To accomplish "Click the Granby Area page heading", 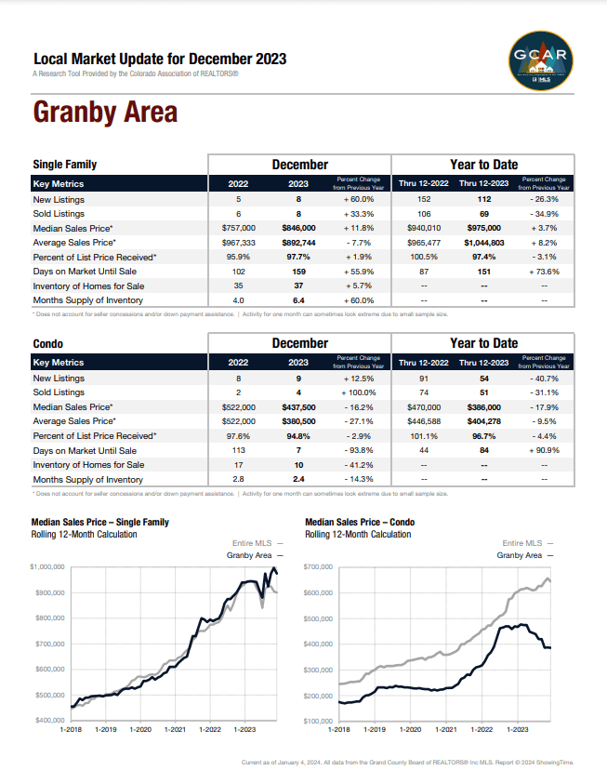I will pos(105,113).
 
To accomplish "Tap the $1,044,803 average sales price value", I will pos(484,242).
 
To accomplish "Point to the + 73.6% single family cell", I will pos(544,271).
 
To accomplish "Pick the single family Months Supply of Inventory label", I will pos(88,300).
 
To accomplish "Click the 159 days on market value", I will pos(297,271).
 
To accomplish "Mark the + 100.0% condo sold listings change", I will pos(358,392).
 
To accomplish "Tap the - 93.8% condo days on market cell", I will pos(358,450).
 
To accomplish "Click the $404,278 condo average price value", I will pos(484,421).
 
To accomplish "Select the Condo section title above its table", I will pos(47,343).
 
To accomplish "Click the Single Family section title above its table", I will pos(65,165).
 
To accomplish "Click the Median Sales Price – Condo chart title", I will pos(365,523).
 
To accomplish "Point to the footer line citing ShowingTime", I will pos(407,763).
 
